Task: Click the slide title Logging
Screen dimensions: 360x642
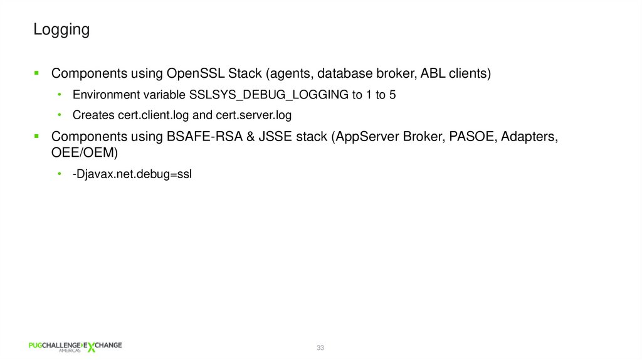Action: coord(61,29)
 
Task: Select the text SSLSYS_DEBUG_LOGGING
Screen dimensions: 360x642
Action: coord(268,95)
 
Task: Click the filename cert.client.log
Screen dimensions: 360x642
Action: coord(149,115)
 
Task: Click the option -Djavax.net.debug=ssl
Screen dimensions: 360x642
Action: coord(132,174)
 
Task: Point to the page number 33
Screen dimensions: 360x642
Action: coord(320,347)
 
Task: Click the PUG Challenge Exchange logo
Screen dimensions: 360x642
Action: coord(75,347)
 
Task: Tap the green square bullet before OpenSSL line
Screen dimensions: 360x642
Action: coord(37,73)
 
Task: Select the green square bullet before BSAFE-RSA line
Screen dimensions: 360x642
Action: coord(37,136)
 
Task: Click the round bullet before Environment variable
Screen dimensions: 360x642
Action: coord(60,95)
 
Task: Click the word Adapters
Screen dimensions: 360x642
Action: coord(531,137)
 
